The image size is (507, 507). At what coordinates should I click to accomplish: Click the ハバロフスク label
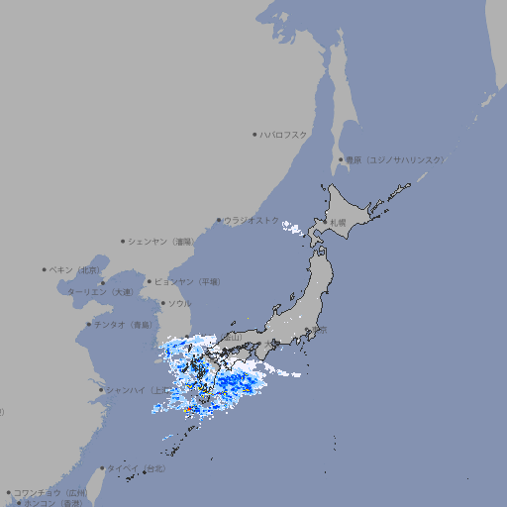pos(284,135)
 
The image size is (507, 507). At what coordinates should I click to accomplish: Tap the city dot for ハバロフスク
pos(254,135)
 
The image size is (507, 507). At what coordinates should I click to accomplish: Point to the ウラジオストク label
pos(252,221)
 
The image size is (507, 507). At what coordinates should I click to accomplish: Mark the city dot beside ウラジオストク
pos(219,221)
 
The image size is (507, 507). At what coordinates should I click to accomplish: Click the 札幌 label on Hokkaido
pos(339,223)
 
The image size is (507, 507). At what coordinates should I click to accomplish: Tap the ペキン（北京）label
pos(75,269)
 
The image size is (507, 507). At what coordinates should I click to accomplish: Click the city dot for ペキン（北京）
pos(45,269)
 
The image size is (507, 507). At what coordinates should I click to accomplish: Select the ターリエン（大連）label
pos(100,292)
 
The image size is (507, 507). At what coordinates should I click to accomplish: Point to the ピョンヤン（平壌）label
pos(188,282)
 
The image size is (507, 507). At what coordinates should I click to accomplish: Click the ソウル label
pos(179,303)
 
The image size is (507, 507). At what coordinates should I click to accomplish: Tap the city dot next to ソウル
pos(162,303)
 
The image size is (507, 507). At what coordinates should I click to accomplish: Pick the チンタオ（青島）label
pos(124,325)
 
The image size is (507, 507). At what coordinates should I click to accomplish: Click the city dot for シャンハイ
pos(101,389)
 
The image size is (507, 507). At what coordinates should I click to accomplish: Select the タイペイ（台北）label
pos(137,468)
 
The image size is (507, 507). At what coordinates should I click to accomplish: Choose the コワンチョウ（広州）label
pos(51,492)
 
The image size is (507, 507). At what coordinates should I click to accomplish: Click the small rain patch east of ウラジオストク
pos(292,230)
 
